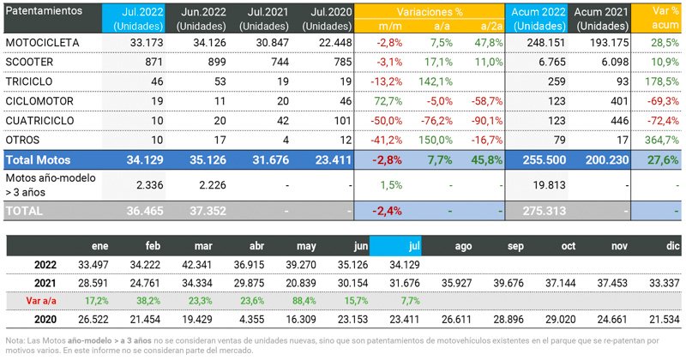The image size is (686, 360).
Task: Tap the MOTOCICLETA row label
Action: [x=44, y=42]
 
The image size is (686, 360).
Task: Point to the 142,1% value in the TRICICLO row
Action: [x=435, y=81]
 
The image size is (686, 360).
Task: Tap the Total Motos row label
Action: [x=39, y=159]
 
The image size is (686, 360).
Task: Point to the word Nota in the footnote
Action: [x=15, y=340]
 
